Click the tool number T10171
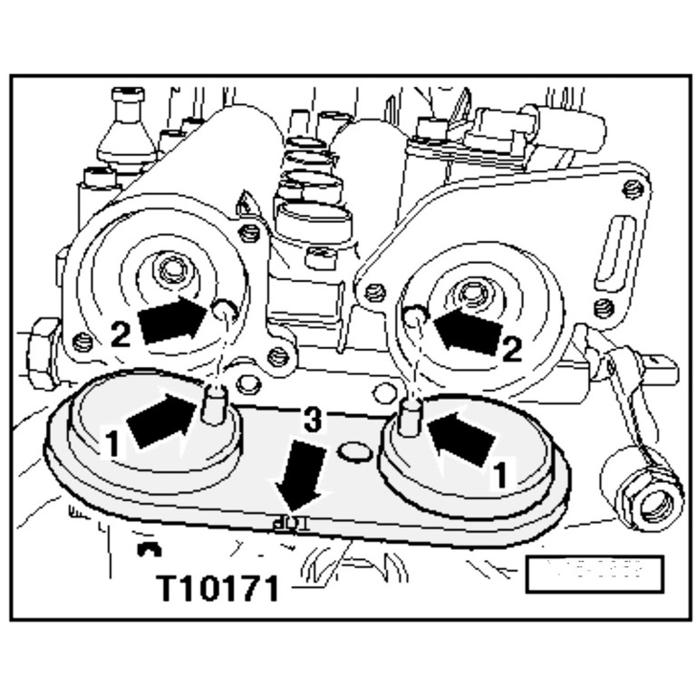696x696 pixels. pos(218,588)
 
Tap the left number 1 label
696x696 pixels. pos(112,444)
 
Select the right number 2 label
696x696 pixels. pos(512,349)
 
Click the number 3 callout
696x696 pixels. pos(311,420)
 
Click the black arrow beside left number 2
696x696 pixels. pos(172,318)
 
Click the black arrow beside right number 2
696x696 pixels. pos(468,330)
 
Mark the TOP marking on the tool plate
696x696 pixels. pos(288,523)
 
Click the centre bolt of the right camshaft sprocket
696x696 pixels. pos(469,293)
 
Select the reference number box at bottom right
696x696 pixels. pos(594,573)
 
